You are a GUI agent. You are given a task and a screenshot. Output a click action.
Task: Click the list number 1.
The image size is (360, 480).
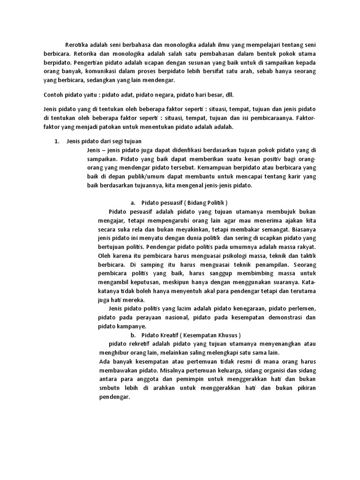57,141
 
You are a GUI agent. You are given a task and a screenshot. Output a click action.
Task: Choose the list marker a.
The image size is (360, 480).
133,203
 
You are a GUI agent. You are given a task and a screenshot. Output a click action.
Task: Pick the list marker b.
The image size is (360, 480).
133,336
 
